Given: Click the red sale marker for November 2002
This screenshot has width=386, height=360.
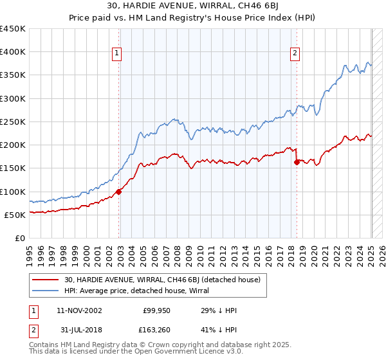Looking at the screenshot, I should (x=119, y=192).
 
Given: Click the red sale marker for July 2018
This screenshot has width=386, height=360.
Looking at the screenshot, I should (x=297, y=162).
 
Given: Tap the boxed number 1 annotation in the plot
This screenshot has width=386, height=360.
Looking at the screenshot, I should (x=118, y=54).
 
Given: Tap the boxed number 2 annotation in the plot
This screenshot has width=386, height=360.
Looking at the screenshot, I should (x=295, y=54).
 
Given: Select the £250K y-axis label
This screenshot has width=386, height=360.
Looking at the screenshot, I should (x=13, y=122).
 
